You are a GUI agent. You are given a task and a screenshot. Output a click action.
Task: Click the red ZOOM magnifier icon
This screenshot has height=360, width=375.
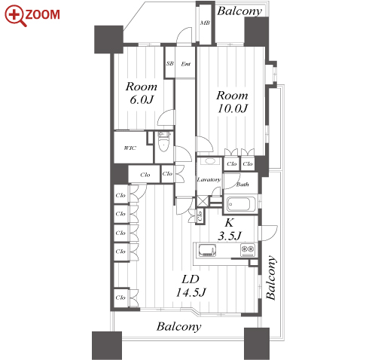[16, 16]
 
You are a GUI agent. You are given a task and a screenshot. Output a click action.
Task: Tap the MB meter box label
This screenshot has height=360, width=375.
[205, 23]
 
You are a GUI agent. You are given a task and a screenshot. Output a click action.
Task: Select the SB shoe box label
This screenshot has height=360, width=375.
[170, 64]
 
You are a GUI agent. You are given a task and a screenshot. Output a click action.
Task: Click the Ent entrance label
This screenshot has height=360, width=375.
[186, 64]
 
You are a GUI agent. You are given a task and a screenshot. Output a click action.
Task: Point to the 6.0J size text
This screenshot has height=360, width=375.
[142, 99]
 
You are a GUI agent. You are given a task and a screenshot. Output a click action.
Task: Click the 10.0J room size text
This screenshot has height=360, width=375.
[233, 108]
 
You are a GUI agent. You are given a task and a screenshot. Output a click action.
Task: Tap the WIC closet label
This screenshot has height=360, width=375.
[130, 148]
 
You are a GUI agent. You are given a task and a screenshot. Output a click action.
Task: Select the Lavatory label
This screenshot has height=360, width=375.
[209, 179]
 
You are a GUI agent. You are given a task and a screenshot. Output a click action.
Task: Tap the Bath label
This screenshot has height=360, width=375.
[242, 185]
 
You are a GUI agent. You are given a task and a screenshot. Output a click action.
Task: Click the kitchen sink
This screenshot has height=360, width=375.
[207, 250]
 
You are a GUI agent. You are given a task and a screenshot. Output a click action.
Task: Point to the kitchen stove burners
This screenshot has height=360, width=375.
[248, 250]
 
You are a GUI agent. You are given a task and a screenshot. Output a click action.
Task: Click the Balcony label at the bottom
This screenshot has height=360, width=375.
[179, 327]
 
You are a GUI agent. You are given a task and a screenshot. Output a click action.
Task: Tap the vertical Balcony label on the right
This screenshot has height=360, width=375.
[271, 278]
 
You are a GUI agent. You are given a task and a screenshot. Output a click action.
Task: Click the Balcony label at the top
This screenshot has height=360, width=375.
[239, 11]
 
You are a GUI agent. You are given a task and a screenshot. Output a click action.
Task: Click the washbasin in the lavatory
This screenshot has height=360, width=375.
[209, 161]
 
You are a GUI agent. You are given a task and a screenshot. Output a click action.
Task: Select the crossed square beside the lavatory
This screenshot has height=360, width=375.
[203, 201]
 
